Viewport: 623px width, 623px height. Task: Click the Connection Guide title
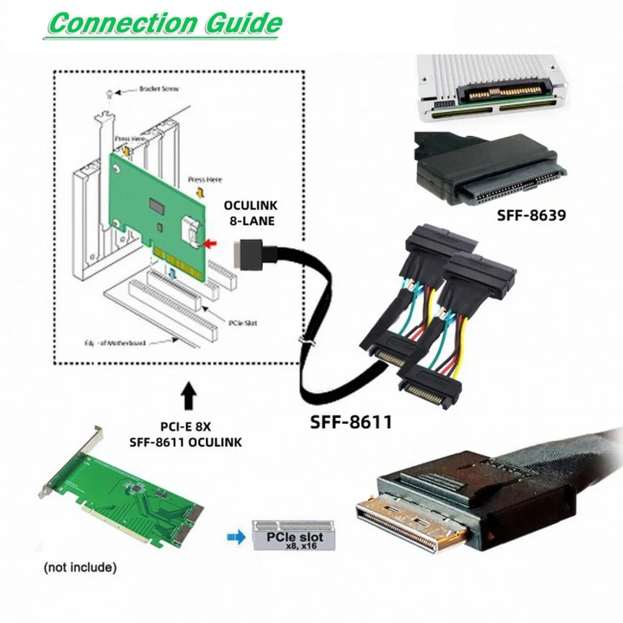(165, 23)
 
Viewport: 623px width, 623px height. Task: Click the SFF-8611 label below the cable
(351, 422)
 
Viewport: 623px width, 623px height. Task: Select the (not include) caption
(80, 568)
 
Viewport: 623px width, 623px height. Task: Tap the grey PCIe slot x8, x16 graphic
(293, 535)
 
